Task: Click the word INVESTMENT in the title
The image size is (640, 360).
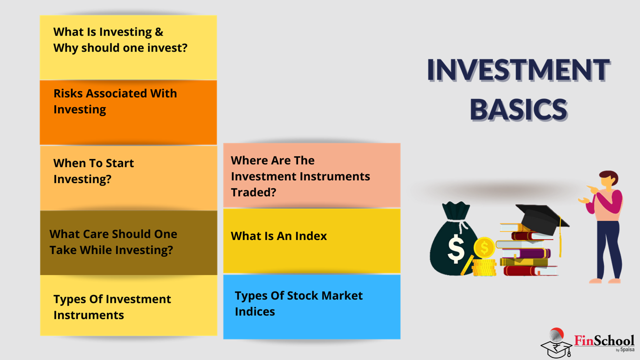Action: pos(518,69)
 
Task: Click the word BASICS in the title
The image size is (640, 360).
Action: pos(518,109)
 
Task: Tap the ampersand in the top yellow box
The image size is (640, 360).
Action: pos(159,31)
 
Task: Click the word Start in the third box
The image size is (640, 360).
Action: pos(119,163)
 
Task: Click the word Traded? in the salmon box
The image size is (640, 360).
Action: pos(253,192)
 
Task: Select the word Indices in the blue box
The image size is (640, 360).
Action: pos(255,311)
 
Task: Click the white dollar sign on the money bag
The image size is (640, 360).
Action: pos(456,248)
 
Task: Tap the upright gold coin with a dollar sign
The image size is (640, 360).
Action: pos(484,247)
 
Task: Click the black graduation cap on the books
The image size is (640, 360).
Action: pos(541,218)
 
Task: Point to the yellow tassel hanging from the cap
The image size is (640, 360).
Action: pos(560,237)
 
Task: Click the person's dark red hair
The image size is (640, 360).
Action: pos(610,176)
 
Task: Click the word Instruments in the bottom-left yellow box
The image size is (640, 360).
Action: pos(89,315)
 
